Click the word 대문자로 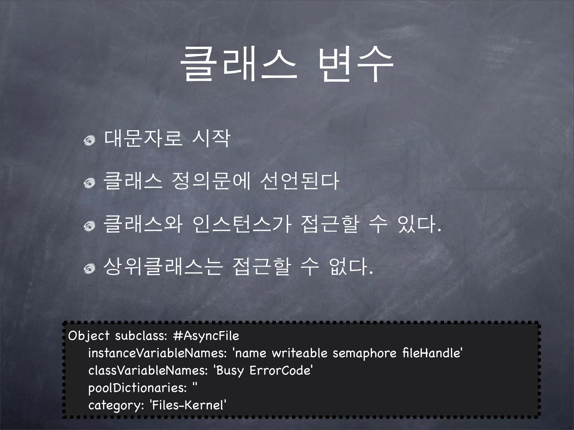(x=143, y=139)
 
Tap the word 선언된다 (x=300, y=181)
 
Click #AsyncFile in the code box (x=206, y=336)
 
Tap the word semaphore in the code (x=364, y=353)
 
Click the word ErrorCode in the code (x=281, y=370)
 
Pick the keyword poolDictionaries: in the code (x=138, y=388)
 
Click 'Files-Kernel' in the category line (x=188, y=405)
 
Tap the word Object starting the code (x=89, y=336)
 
